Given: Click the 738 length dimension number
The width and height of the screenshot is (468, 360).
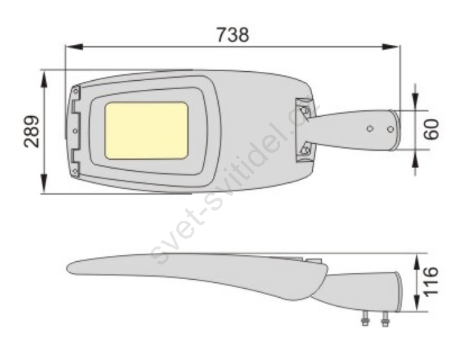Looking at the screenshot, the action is (233, 35).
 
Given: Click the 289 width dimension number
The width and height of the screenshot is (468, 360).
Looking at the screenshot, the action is (31, 132).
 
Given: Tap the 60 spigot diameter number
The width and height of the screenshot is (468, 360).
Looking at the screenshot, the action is (431, 130).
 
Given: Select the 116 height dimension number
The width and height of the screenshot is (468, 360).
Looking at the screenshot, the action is (431, 282).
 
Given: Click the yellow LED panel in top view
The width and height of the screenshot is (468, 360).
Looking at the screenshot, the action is (147, 130).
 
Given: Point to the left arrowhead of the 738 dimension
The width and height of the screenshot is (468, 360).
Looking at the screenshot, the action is (74, 47).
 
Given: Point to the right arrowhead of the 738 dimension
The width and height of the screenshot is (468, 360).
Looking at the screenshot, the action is (390, 47).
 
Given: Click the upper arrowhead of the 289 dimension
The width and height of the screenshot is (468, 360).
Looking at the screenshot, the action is (44, 79).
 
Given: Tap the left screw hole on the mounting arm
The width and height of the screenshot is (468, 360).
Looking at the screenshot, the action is (370, 128).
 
